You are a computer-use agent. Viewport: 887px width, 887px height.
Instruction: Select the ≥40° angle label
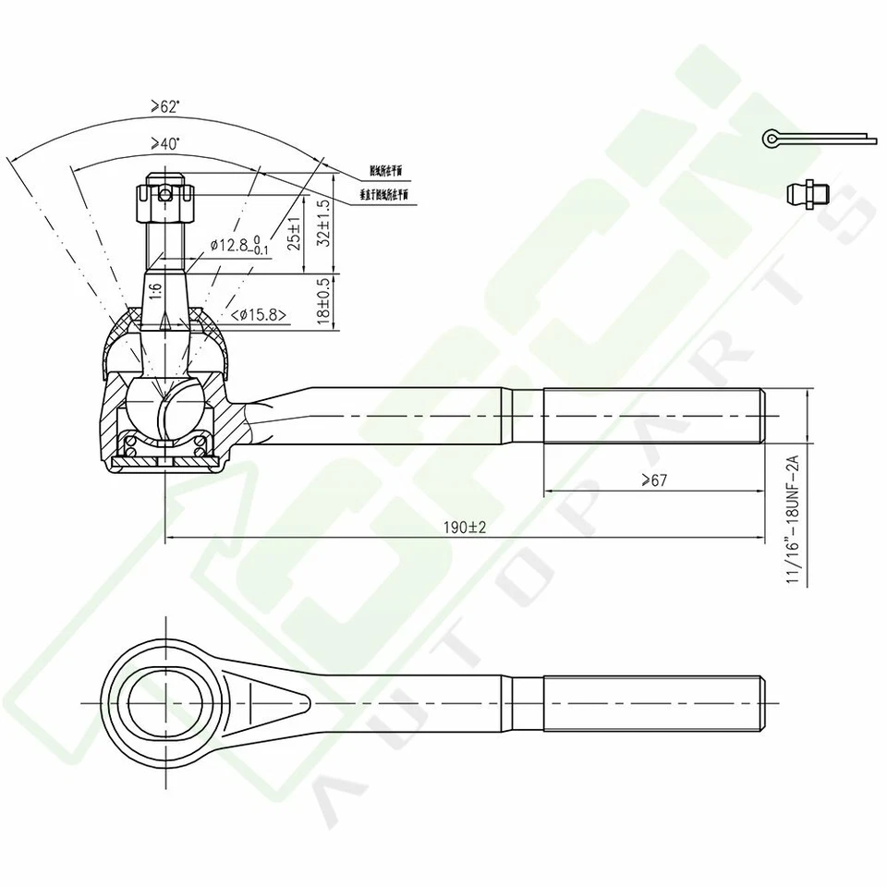[x=166, y=144]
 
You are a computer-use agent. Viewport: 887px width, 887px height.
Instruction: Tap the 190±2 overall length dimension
[x=464, y=527]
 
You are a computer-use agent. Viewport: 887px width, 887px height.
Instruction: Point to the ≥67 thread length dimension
[x=652, y=480]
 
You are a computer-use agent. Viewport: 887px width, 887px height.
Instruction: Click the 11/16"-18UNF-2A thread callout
[x=792, y=523]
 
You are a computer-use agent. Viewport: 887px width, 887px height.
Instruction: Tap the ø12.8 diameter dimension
[x=238, y=245]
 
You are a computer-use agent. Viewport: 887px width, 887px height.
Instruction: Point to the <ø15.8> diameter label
[x=256, y=315]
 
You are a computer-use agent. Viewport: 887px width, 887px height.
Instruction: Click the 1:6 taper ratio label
[x=156, y=288]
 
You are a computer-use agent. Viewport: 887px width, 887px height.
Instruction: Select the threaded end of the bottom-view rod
[x=652, y=703]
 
